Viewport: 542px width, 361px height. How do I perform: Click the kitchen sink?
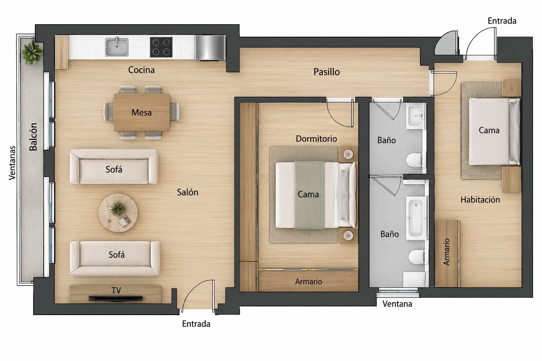point(117,47)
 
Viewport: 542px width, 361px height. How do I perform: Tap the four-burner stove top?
point(161,47)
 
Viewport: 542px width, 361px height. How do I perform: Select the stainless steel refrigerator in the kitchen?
point(210,48)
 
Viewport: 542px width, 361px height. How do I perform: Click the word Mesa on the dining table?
point(142,112)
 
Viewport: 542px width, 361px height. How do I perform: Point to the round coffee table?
point(118,213)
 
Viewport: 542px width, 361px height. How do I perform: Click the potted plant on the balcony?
point(32,52)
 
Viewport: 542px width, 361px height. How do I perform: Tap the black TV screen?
point(115,299)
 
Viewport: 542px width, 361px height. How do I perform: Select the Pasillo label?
point(327,72)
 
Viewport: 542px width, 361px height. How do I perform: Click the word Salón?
point(188,192)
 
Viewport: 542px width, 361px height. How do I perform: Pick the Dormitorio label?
point(316,139)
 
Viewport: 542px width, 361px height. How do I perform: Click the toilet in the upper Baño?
point(414,160)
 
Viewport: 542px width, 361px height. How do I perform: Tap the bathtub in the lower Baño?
point(416,218)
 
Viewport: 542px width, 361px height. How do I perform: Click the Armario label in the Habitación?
point(447,252)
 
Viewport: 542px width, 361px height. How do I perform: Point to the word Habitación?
point(480,200)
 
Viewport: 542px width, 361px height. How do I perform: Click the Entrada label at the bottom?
point(196,324)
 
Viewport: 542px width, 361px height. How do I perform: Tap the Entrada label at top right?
point(502,21)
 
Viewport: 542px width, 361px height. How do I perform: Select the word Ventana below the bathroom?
point(397,304)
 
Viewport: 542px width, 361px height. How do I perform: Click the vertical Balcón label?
point(34,137)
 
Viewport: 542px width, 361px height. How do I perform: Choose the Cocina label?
point(141,70)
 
